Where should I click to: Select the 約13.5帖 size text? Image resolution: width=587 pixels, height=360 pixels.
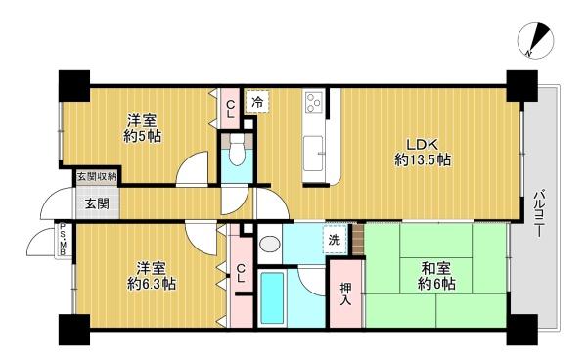[x=423, y=159]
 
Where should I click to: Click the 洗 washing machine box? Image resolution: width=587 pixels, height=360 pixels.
[x=336, y=240]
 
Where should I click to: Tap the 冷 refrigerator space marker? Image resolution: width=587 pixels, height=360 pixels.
[x=256, y=101]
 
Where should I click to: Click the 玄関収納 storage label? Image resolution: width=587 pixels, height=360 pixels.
[x=98, y=177]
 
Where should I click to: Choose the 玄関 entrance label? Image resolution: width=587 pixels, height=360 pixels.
[x=96, y=203]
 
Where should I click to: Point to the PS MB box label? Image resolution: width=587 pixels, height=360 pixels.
[x=62, y=239]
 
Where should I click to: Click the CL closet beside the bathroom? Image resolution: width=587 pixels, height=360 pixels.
[x=241, y=277]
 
